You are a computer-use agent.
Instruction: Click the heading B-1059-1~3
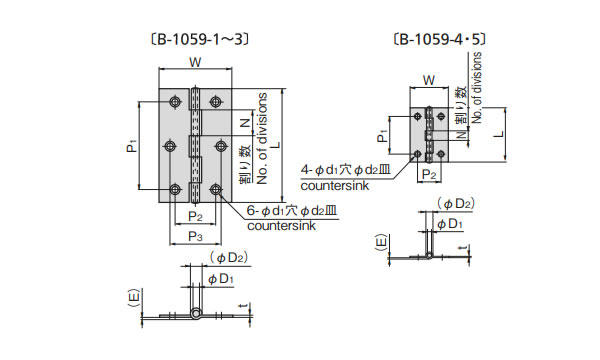point(200,39)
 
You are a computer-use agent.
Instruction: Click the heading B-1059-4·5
point(439,39)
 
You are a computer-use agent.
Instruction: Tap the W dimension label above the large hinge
point(195,62)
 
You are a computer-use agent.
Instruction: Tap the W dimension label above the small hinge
point(429,81)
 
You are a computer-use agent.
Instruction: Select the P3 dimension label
point(195,236)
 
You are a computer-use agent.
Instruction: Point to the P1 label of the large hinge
point(132,146)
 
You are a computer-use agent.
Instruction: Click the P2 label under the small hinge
point(429,175)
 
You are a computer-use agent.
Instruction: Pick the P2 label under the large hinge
point(195,217)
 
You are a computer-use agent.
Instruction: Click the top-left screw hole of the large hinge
point(175,102)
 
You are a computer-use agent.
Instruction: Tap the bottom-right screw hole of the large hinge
point(216,189)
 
